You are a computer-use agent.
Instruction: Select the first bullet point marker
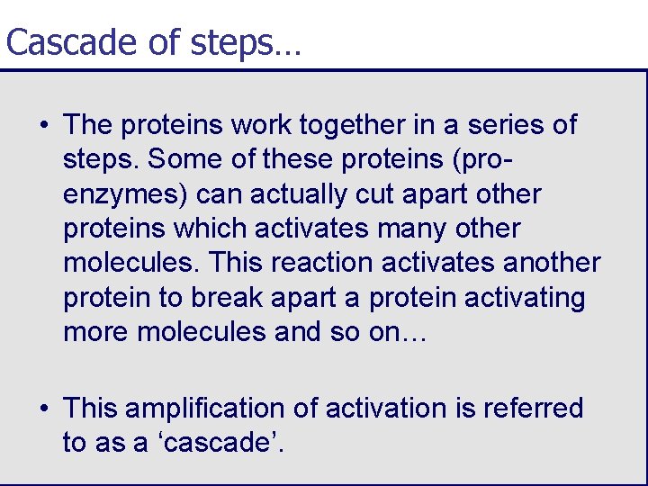coord(44,125)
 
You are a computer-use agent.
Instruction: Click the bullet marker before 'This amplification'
coord(44,409)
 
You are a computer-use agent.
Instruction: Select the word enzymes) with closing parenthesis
coord(125,194)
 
